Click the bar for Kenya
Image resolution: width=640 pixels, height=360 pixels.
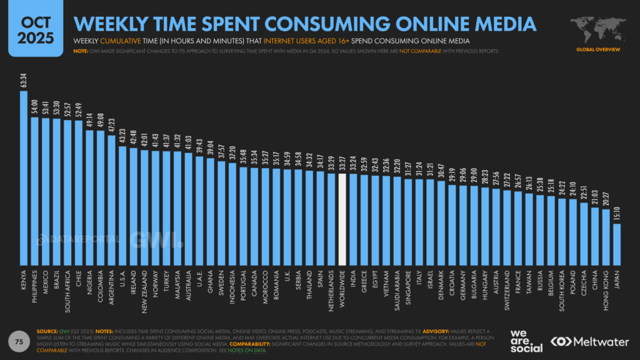coord(24,178)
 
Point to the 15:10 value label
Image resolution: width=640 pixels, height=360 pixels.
coord(616,216)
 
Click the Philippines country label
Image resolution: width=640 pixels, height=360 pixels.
coord(35,288)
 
